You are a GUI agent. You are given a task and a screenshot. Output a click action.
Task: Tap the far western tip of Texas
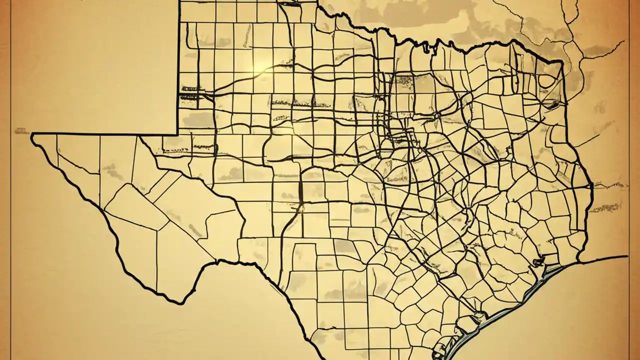(x=33, y=136)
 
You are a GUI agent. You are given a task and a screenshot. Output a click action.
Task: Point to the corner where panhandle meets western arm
(x=178, y=133)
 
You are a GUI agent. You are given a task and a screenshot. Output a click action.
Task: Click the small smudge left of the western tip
(x=21, y=131)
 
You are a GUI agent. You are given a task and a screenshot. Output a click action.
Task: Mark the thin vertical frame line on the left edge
(x=11, y=180)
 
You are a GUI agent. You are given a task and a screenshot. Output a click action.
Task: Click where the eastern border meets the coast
(x=578, y=260)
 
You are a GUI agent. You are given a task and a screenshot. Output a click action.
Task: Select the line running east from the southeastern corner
(x=605, y=258)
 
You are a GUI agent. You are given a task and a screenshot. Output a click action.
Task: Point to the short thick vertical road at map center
(x=301, y=192)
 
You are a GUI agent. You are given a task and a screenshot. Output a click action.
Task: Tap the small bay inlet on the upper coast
(x=538, y=261)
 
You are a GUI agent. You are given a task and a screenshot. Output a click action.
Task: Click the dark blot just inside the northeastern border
(x=552, y=104)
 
